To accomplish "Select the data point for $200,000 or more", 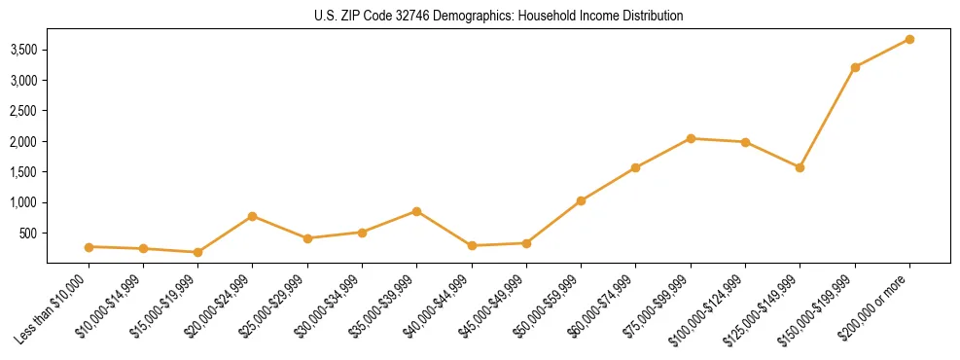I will coord(909,39).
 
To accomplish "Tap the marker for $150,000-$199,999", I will coord(855,67).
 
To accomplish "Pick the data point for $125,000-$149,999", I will coord(800,167).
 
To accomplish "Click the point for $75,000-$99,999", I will coord(691,138).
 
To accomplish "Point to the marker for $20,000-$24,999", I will coord(253,216).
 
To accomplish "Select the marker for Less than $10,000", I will coord(89,247).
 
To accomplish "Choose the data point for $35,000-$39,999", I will coord(416,211).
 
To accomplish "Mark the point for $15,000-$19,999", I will coord(198,252).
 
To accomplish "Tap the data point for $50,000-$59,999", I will coord(581,200).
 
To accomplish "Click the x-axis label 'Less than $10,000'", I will coord(54,309).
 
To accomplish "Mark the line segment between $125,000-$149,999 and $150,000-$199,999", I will coord(828,117).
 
